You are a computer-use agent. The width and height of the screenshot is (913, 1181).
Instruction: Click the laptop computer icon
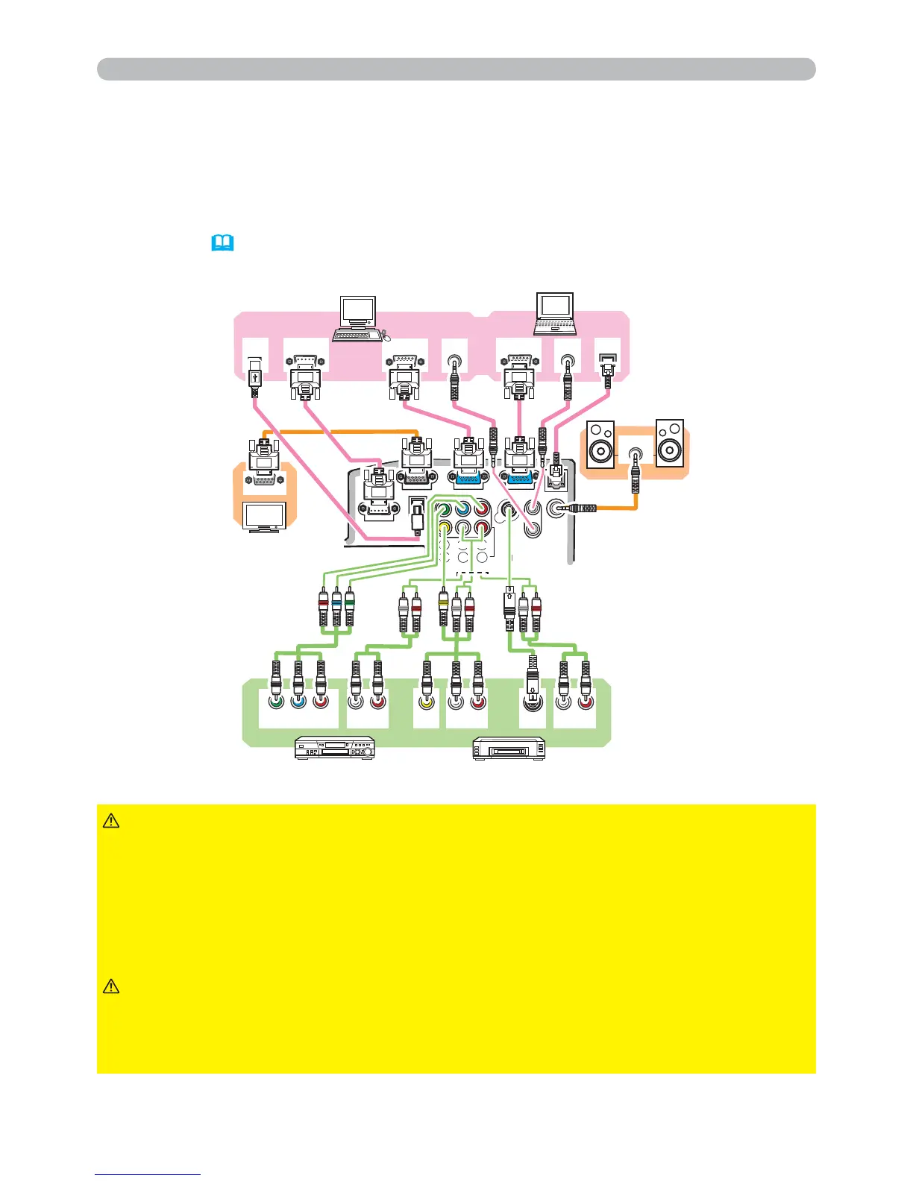555,314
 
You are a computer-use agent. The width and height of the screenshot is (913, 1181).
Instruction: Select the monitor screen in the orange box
265,517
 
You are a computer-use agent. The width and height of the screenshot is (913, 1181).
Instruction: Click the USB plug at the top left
254,376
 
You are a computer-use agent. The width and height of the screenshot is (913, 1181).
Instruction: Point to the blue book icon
223,243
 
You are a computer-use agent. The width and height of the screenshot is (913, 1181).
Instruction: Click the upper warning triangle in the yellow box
110,821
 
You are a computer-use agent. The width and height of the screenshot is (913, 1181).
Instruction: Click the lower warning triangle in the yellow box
110,987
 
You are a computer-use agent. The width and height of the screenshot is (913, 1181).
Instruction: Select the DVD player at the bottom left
335,748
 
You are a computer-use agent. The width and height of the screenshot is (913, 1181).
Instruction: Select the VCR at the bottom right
509,749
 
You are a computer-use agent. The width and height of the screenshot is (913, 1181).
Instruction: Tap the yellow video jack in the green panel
427,702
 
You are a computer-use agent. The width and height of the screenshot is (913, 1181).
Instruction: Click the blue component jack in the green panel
298,702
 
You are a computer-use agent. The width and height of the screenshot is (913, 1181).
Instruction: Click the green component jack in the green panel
276,702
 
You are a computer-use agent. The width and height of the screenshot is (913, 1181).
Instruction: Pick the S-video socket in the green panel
533,702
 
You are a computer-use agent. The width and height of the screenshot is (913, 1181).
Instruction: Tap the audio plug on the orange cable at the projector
582,509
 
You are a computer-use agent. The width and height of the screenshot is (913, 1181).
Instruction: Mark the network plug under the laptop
609,369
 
